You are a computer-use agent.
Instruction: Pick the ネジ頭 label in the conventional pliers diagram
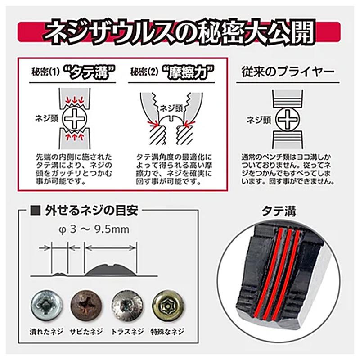pyautogui.click(x=257, y=120)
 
